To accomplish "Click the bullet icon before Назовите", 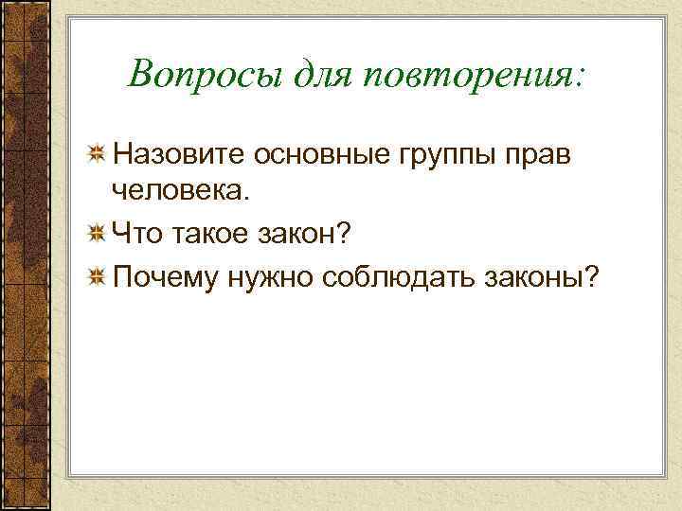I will [96, 153].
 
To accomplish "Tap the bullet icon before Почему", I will [96, 276].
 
